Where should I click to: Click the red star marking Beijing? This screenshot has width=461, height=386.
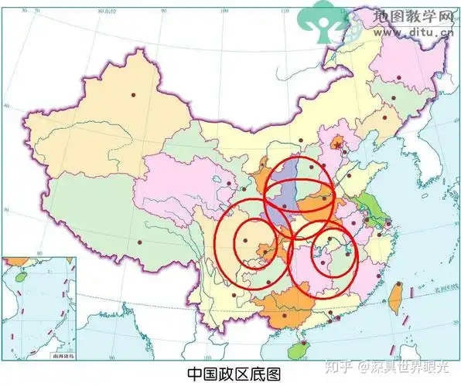point(336,143)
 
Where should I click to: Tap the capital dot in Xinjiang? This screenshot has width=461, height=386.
point(133,94)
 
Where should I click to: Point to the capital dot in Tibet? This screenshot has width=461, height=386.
point(140,242)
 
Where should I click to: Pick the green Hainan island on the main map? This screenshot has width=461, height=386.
point(295,350)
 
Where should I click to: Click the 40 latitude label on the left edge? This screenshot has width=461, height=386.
point(7,107)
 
